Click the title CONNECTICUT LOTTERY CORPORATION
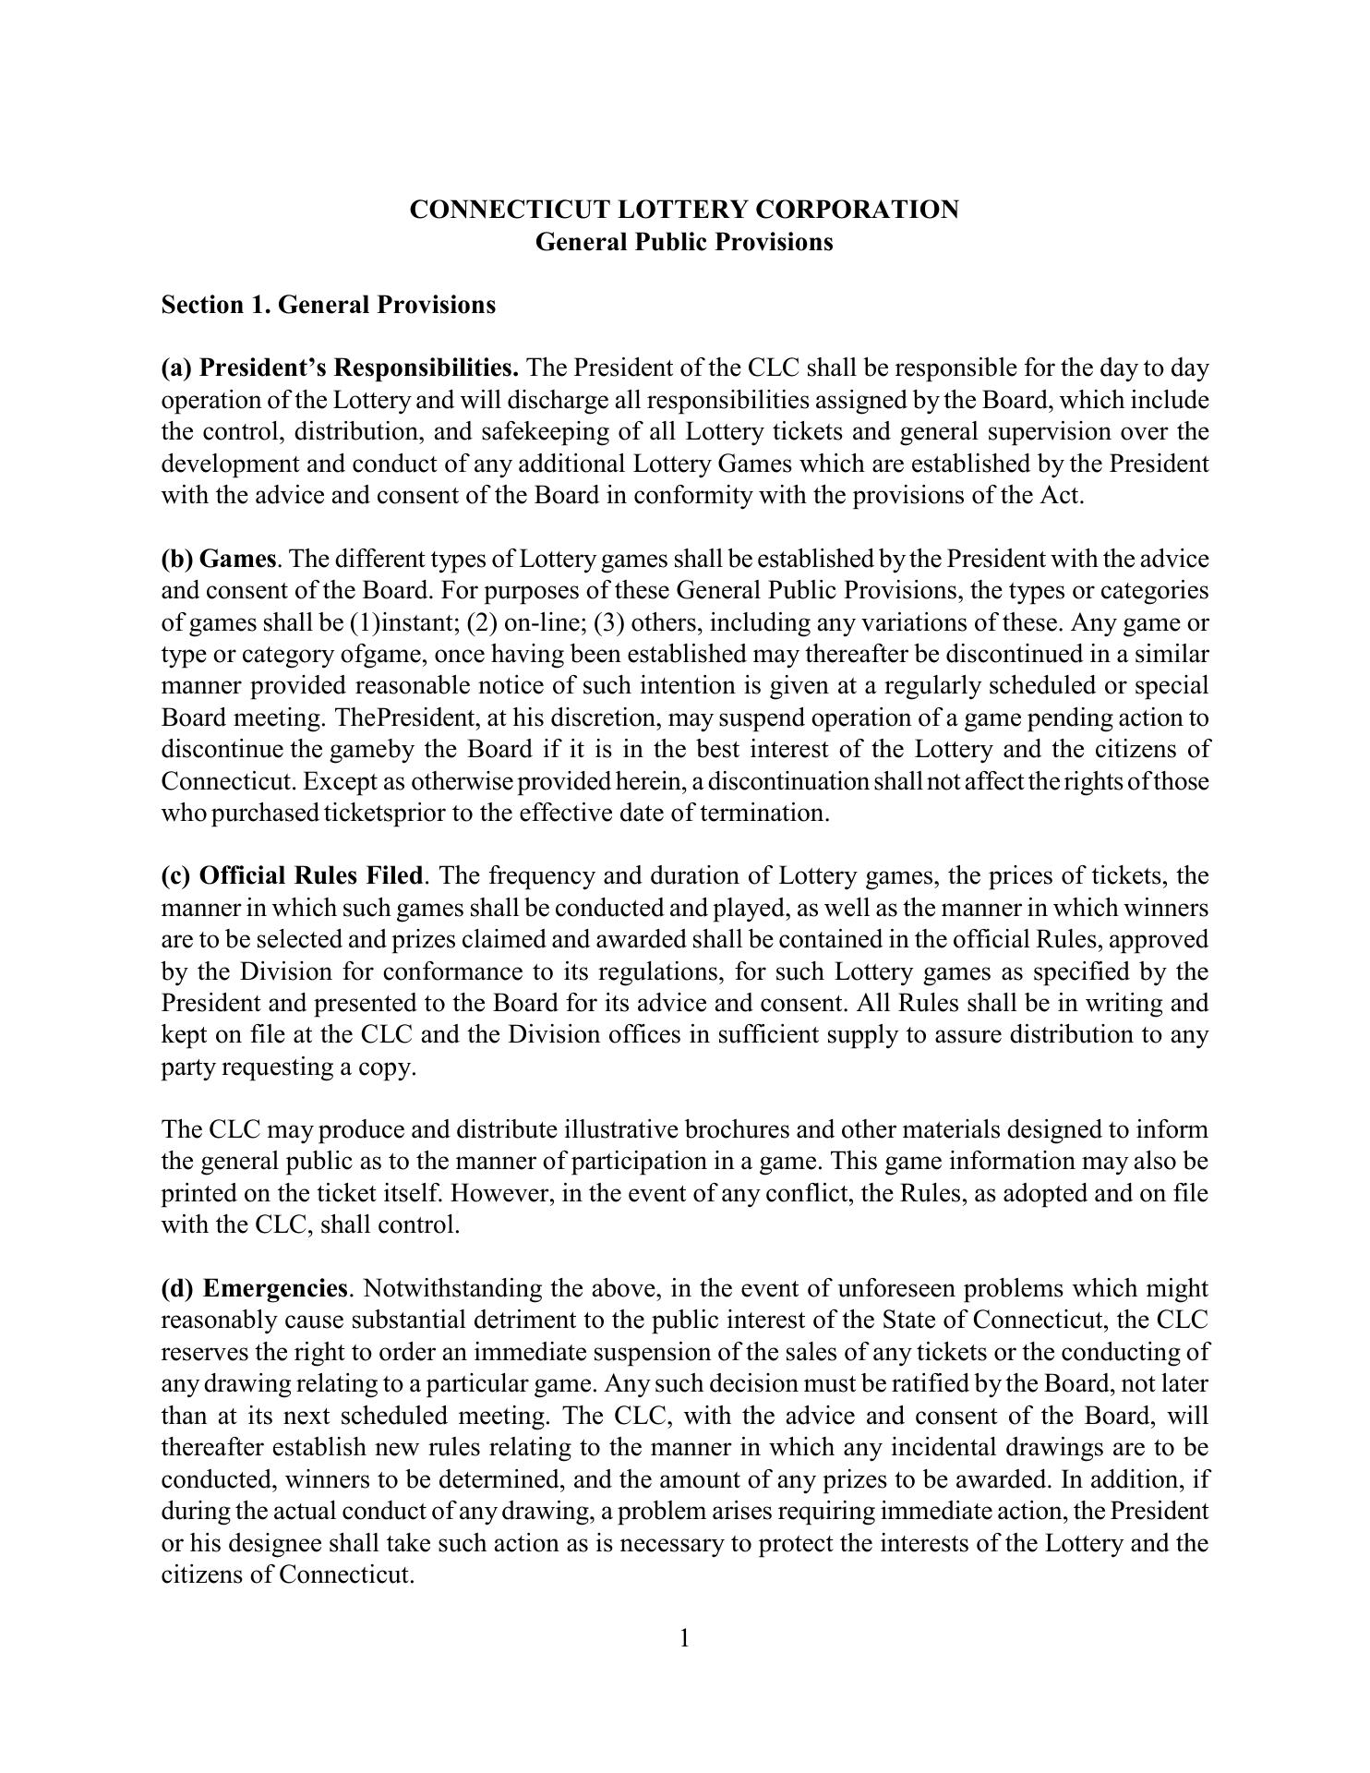point(684,210)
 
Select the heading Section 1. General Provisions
point(328,305)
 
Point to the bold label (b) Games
point(219,559)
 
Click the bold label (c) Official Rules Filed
point(292,875)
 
